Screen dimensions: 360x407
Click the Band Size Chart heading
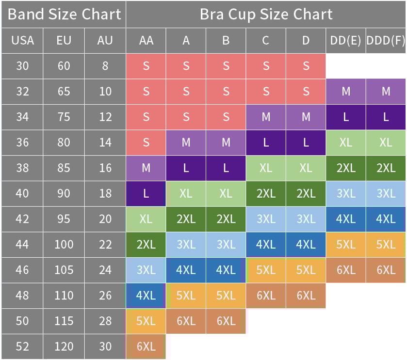click(x=64, y=14)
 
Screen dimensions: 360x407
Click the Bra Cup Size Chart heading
click(x=266, y=14)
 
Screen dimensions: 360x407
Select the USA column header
click(x=22, y=40)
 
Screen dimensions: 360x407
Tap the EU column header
click(x=64, y=40)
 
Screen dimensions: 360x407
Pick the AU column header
click(x=105, y=40)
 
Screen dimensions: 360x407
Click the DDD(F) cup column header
click(x=386, y=40)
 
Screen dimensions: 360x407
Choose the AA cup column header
click(x=146, y=40)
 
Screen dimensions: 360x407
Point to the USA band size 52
click(x=22, y=346)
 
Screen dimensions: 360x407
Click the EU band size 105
click(x=64, y=270)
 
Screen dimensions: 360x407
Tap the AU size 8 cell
click(x=105, y=66)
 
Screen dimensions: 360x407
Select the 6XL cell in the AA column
click(x=146, y=346)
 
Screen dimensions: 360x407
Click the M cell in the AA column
click(x=146, y=168)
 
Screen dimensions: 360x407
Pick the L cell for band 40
click(x=146, y=193)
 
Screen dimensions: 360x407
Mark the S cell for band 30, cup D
click(x=306, y=66)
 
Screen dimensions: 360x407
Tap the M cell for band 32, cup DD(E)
click(x=345, y=91)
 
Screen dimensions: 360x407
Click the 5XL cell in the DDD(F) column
click(x=386, y=244)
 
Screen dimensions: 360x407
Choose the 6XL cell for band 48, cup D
click(x=306, y=295)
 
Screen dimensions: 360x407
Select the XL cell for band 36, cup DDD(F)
click(x=386, y=142)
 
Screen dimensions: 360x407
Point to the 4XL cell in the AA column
click(x=146, y=295)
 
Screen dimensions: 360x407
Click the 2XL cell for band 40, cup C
click(x=266, y=193)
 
